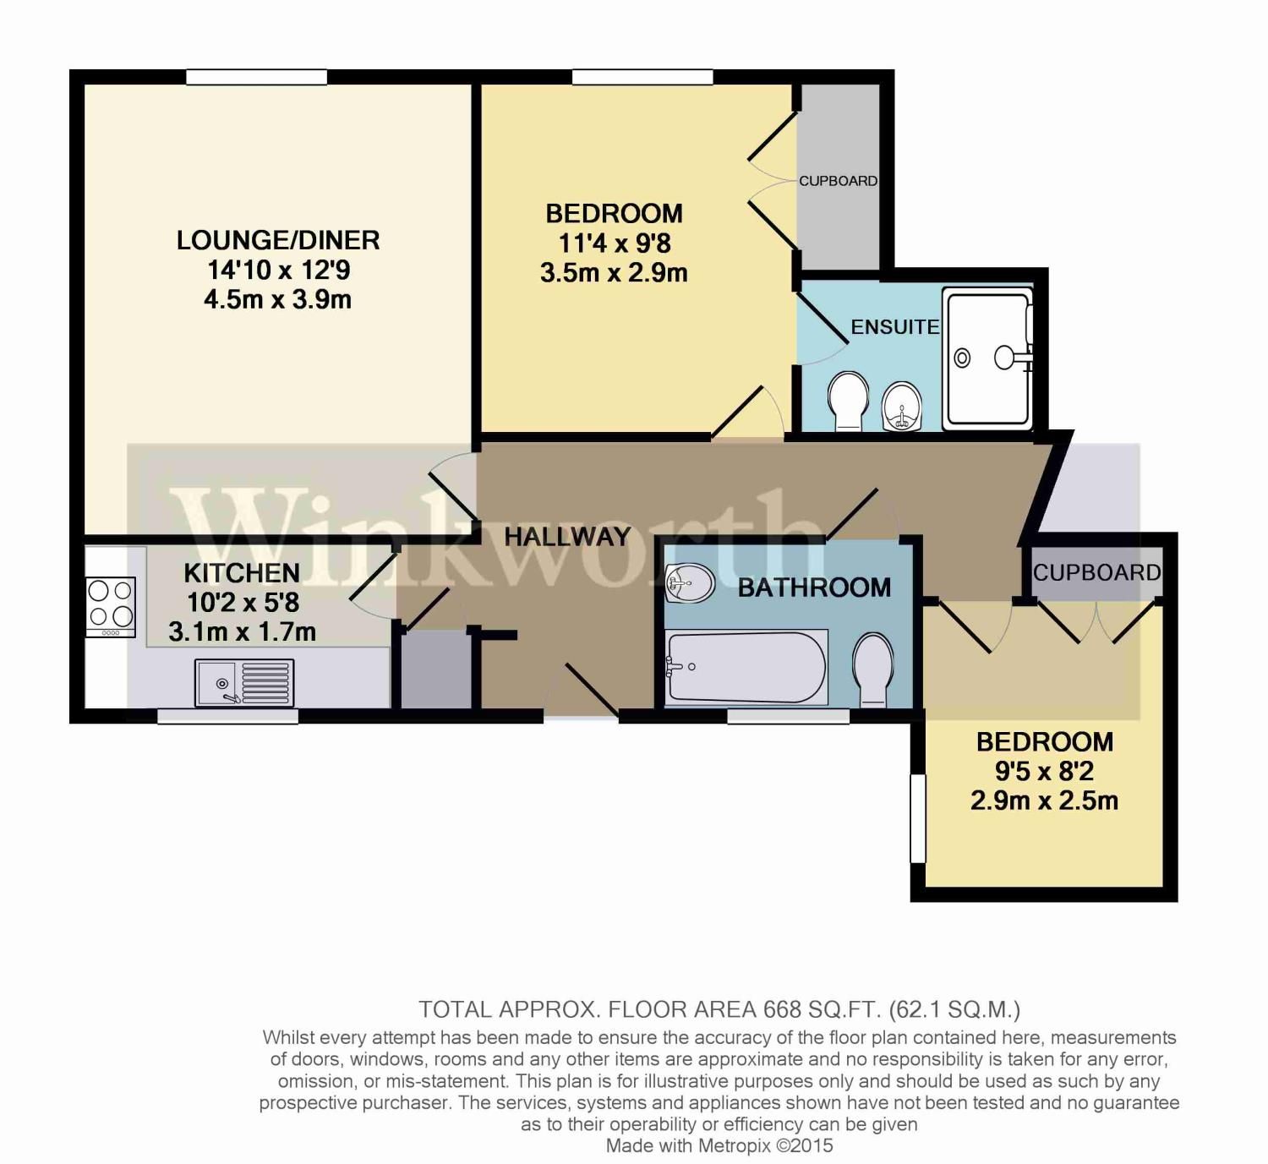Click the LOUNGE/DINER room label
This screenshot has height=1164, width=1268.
277,240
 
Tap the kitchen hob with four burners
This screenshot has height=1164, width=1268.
111,605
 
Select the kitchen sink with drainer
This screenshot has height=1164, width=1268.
245,682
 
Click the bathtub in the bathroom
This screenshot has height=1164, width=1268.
746,667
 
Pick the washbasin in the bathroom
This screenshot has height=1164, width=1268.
689,582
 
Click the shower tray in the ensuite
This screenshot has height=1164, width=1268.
987,358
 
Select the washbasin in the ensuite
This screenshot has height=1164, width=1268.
901,405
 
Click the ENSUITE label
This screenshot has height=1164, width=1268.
894,327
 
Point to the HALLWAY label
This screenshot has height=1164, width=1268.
567,536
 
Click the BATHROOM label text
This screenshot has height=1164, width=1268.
814,587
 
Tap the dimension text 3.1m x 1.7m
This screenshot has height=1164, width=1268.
242,631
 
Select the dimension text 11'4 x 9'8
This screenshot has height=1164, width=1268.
615,243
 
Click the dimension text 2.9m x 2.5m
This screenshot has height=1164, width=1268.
1044,801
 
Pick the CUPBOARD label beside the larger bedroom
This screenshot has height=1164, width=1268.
838,181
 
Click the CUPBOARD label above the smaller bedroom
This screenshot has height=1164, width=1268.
1096,573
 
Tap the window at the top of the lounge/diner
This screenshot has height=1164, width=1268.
256,78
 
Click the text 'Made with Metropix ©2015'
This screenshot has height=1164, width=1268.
719,1146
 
